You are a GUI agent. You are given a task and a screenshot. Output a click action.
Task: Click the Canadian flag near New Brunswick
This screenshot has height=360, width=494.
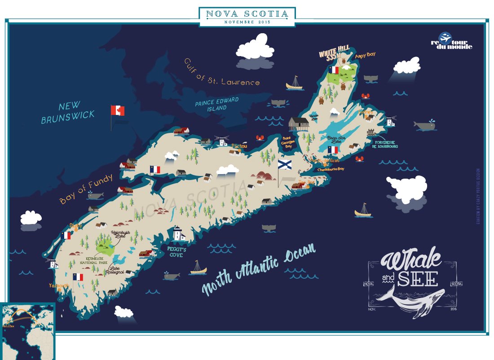tap(118, 110)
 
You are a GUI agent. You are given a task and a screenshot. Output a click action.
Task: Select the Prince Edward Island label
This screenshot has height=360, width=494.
tap(217, 104)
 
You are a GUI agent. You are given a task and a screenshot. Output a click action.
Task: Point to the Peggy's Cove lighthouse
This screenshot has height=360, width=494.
tap(179, 233)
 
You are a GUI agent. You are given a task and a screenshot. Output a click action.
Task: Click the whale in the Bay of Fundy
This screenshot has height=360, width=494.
tap(96, 195)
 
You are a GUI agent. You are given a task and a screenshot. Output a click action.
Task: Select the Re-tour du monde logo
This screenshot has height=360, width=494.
tap(451, 41)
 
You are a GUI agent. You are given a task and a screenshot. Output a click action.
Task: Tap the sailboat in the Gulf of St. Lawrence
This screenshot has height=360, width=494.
tap(295, 83)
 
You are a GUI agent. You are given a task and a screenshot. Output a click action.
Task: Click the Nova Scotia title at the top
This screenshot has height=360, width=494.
tap(247, 14)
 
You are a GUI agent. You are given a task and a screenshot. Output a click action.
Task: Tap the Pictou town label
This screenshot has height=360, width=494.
tap(239, 145)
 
